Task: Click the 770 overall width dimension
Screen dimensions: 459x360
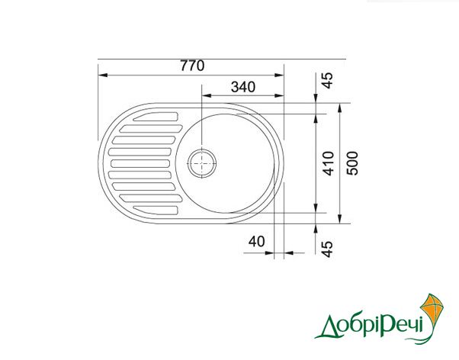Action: pyautogui.click(x=192, y=66)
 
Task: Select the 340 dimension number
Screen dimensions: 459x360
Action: pyautogui.click(x=243, y=87)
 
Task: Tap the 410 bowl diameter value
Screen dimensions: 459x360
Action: pyautogui.click(x=329, y=163)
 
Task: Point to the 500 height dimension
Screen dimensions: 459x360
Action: pyautogui.click(x=352, y=163)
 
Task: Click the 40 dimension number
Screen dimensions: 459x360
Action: pyautogui.click(x=256, y=242)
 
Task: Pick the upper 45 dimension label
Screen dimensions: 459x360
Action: pyautogui.click(x=328, y=81)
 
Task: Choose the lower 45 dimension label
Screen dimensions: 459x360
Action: pyautogui.click(x=328, y=249)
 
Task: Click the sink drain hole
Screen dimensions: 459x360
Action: pyautogui.click(x=202, y=163)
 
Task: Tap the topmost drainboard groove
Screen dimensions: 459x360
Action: pyautogui.click(x=156, y=117)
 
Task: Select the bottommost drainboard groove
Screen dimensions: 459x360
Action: pyautogui.click(x=156, y=210)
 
